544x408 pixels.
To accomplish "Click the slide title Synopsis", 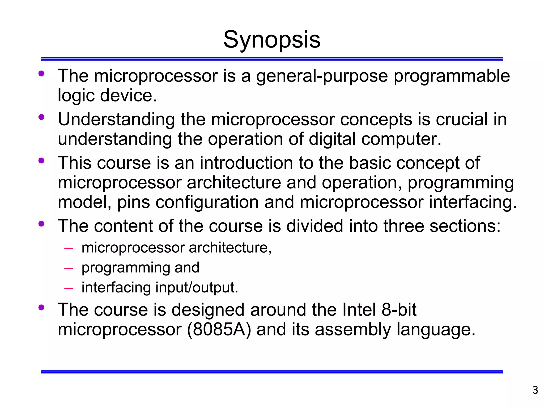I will pyautogui.click(x=272, y=40).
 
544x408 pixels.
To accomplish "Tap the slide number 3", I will pyautogui.click(x=535, y=390).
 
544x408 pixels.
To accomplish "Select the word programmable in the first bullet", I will pyautogui.click(x=452, y=76).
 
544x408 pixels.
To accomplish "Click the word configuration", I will pyautogui.click(x=207, y=202).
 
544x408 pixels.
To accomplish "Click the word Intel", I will pyautogui.click(x=359, y=310).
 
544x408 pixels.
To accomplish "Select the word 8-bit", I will pyautogui.click(x=399, y=310).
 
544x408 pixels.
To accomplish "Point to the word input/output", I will pyautogui.click(x=197, y=288).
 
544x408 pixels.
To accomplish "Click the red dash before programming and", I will pyautogui.click(x=69, y=268).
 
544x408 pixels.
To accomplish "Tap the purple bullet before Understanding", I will pyautogui.click(x=41, y=117).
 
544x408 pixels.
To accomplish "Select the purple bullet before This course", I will pyautogui.click(x=41, y=160).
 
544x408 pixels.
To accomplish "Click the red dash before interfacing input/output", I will pyautogui.click(x=69, y=288).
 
